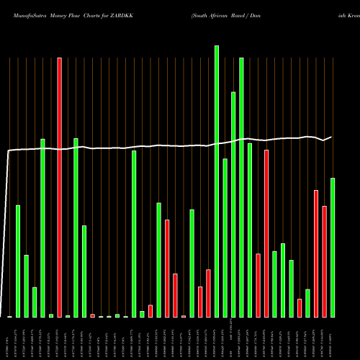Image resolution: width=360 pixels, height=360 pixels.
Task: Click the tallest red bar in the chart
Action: pos(60,187)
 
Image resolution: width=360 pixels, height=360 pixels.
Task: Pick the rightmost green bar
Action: pos(333,248)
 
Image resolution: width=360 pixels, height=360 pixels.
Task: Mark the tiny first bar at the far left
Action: pos(10,316)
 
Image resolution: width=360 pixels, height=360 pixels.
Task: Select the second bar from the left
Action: pos(18,261)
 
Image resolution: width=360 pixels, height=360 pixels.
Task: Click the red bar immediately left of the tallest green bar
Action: pos(208,293)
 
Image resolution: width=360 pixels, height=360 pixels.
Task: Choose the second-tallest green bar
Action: pos(241,187)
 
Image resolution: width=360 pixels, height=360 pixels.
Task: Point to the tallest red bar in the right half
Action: pos(266,233)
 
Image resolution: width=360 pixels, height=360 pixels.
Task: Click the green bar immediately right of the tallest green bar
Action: pos(225,238)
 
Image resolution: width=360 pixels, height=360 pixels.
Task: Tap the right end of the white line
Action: pos(331,137)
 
